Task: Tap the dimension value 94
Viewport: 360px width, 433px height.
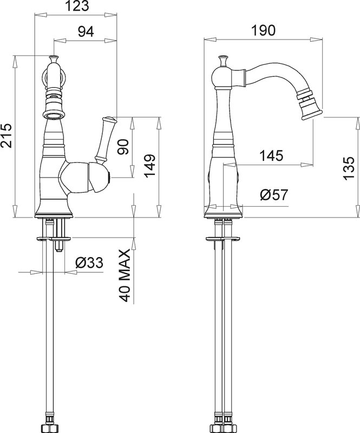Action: point(86,32)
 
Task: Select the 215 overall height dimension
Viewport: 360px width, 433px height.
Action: point(6,135)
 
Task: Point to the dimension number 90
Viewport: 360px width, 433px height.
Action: point(124,147)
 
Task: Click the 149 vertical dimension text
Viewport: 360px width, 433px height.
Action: point(150,166)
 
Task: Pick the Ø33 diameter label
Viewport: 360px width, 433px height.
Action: point(89,263)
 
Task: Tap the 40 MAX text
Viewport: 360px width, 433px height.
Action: point(125,275)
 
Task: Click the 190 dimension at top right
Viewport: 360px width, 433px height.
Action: point(263,30)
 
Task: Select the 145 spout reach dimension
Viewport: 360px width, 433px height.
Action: point(271,155)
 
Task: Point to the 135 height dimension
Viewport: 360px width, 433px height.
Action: point(349,168)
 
